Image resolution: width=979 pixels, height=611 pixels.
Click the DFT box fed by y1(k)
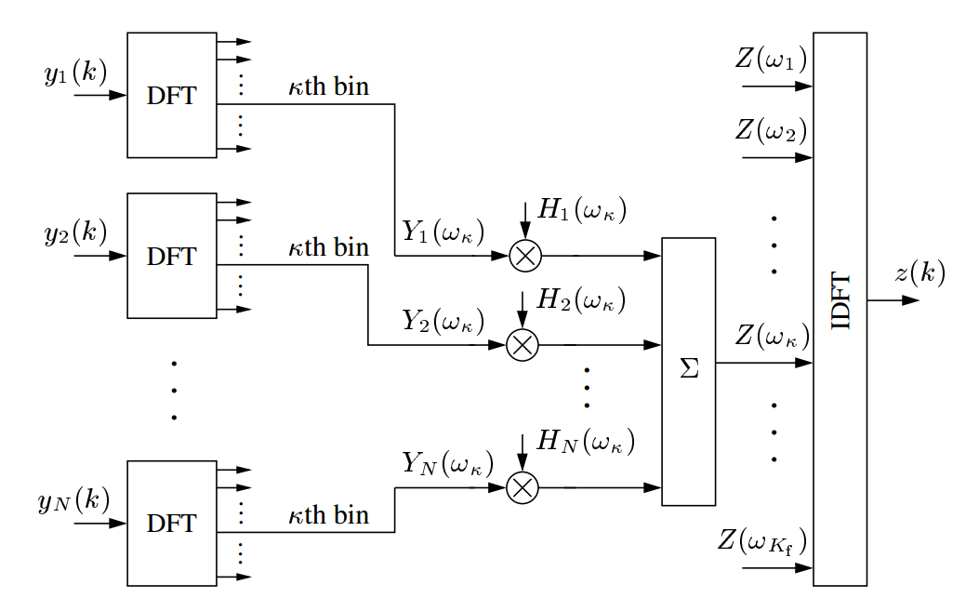[171, 95]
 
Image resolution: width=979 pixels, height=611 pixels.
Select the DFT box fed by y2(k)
[171, 255]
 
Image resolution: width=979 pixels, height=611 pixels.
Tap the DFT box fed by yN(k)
[171, 523]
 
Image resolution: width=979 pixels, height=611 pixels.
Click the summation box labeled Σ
[689, 371]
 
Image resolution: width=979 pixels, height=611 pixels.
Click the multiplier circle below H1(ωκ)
[524, 256]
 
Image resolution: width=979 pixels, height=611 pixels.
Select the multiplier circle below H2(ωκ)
[522, 346]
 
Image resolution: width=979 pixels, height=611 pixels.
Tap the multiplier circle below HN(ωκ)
[522, 487]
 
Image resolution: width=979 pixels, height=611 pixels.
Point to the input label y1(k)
[75, 73]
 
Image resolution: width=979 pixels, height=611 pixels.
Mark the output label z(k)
[919, 272]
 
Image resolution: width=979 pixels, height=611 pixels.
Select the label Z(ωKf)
[762, 540]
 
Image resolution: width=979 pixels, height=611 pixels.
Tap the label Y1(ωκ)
[443, 231]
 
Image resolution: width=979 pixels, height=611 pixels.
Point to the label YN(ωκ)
[447, 463]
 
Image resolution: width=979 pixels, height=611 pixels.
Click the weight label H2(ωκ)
[582, 300]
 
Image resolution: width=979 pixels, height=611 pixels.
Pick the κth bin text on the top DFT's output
[328, 87]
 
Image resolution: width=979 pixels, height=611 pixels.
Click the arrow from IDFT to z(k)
[893, 300]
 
